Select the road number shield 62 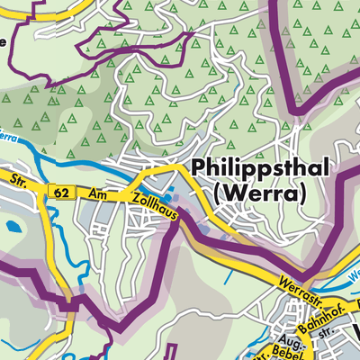pos(61,191)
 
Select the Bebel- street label pos(286,350)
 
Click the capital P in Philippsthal pos(198,170)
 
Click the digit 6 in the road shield pos(58,191)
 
